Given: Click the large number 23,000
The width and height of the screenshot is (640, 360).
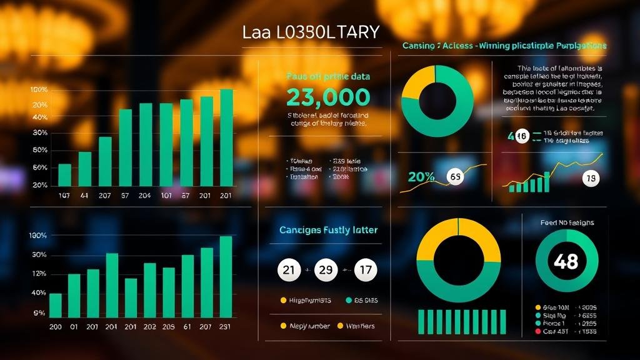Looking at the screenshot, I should point(328,97).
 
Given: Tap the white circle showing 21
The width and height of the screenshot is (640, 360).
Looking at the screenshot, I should point(288,271).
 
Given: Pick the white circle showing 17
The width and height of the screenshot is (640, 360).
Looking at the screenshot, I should point(366,271).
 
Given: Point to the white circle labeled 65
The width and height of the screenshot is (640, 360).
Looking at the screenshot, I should point(456,177).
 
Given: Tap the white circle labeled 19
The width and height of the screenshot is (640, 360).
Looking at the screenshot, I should point(590,179).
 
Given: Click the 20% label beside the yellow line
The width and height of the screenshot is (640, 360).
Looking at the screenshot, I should point(421,177).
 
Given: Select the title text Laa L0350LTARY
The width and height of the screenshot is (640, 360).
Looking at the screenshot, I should point(311,32).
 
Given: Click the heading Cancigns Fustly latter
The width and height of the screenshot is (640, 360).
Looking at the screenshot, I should point(328,230).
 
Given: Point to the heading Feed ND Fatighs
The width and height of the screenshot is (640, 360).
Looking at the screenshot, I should point(567,222).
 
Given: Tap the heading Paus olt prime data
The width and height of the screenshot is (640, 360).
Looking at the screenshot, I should point(328,76).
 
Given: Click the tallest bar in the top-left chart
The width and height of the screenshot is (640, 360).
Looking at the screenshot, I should point(226,137).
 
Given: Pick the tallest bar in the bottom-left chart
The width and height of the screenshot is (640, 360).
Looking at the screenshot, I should point(226,277).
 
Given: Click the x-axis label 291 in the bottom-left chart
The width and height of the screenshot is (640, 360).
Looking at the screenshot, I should point(226,326).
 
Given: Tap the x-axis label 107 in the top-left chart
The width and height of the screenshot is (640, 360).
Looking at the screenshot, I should point(64,196).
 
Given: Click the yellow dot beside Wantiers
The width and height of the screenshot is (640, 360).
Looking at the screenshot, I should point(341,326).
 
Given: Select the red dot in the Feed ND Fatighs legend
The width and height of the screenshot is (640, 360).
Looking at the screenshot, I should point(538,331).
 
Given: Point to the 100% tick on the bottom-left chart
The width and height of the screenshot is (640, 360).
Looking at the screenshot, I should point(38,236).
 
